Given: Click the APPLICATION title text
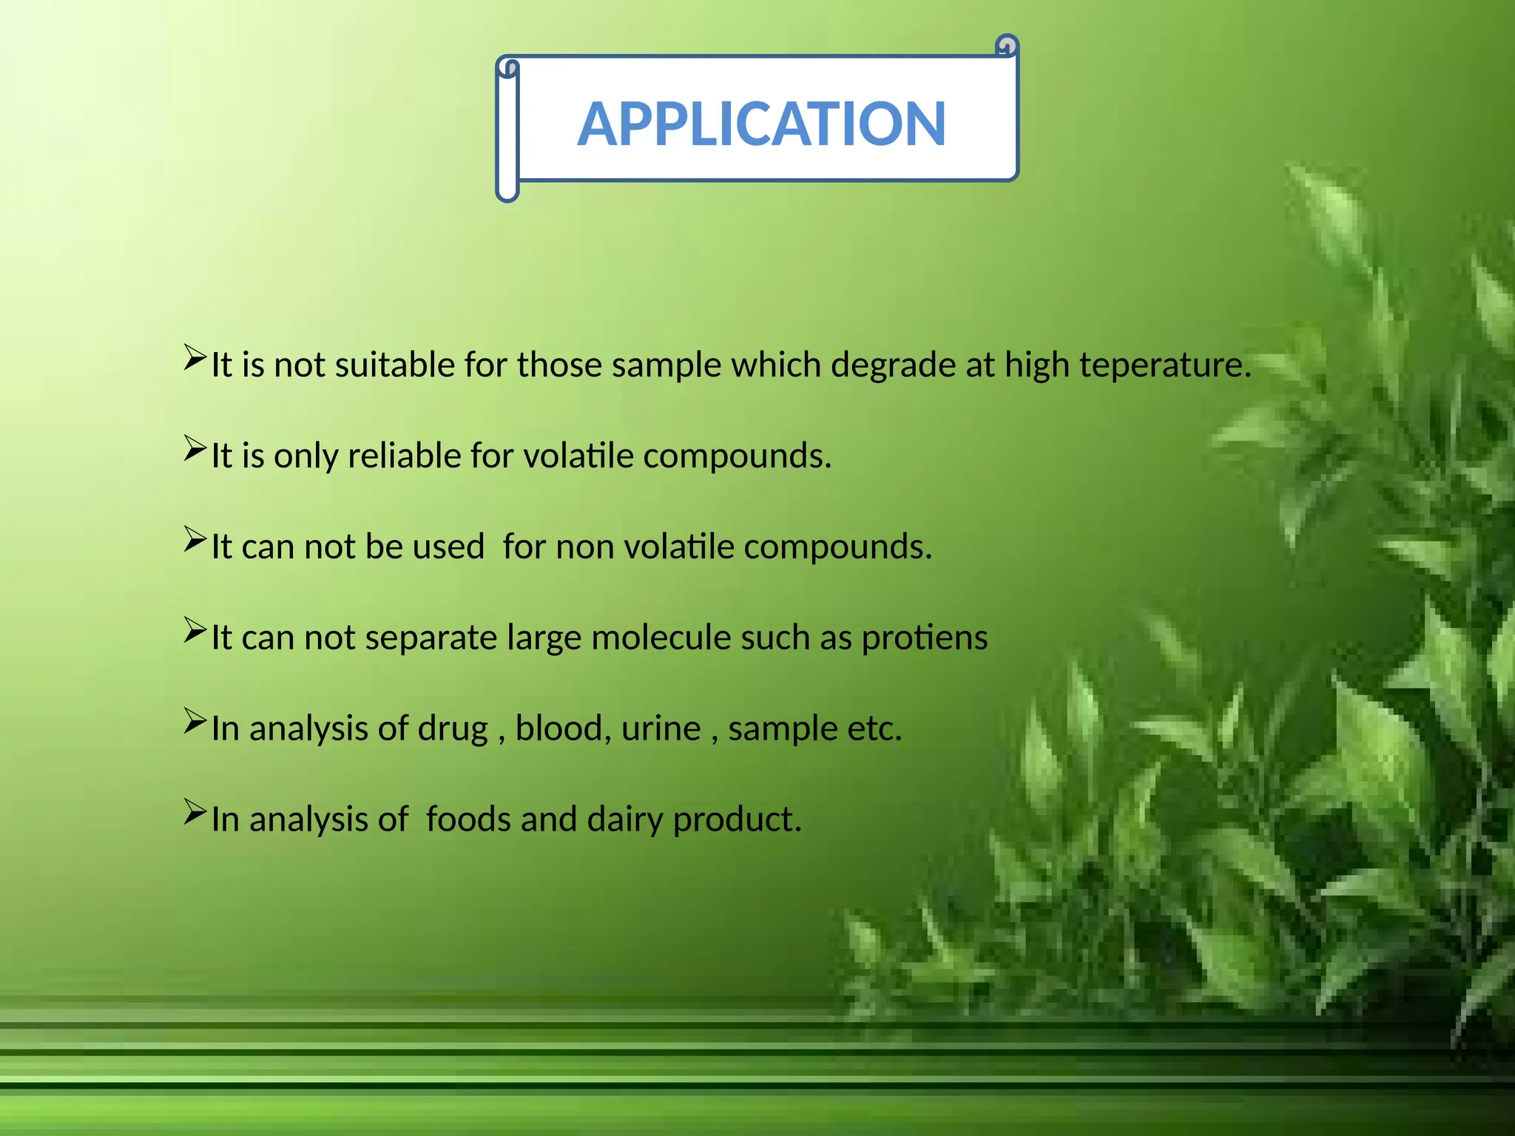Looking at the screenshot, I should (761, 124).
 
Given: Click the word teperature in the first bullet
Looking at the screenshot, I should (1164, 365).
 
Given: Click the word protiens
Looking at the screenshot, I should (924, 638).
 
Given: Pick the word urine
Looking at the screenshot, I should (661, 728).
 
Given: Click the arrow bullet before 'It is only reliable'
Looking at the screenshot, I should (195, 449).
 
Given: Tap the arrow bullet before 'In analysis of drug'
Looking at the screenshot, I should (195, 722).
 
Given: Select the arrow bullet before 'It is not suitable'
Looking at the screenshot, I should (195, 358).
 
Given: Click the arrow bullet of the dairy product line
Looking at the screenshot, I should (195, 813).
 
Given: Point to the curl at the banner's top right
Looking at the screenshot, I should (1007, 47).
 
